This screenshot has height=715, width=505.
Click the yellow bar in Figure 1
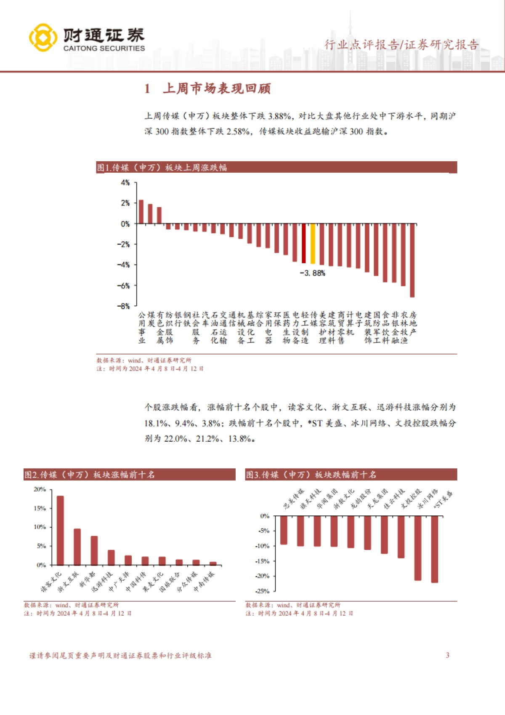[313, 244]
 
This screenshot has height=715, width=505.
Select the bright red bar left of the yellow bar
[304, 243]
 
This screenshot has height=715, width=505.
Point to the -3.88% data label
[312, 273]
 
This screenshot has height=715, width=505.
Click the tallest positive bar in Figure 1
[141, 212]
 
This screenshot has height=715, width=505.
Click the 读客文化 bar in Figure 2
[60, 531]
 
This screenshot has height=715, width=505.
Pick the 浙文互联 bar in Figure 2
[77, 547]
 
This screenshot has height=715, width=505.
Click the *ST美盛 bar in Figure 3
[434, 549]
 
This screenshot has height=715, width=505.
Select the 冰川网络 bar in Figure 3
[417, 548]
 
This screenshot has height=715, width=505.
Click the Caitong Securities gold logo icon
[43, 37]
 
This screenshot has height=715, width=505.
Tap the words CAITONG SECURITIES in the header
[104, 48]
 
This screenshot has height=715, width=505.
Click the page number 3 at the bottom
[447, 655]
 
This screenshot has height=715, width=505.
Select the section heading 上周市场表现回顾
[217, 88]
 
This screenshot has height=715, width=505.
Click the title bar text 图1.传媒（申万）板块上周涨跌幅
[162, 168]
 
